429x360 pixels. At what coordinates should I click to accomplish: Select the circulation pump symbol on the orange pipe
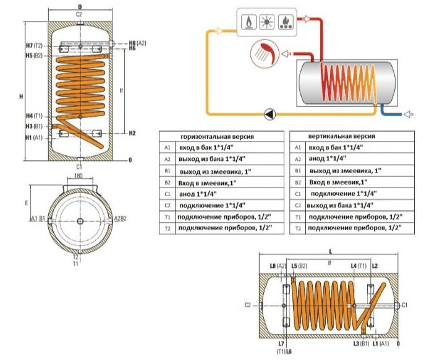pos(270,114)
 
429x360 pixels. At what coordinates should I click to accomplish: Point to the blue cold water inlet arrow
pos(408,114)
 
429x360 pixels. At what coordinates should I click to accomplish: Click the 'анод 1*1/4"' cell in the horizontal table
pos(196,194)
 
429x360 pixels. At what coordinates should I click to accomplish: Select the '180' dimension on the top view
pos(79,176)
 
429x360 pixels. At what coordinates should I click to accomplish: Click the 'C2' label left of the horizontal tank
pos(247,305)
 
